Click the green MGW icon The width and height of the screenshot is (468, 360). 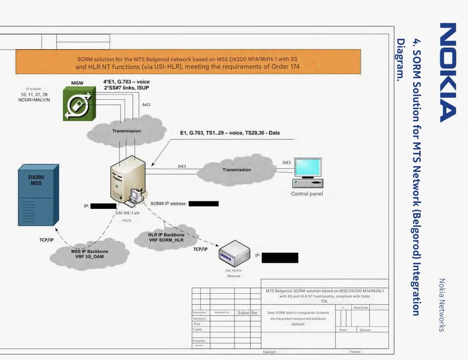pos(80,104)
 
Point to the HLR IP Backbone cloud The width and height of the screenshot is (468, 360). pos(167,238)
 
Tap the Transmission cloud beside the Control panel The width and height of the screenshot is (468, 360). pos(236,170)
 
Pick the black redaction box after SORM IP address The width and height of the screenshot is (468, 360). pos(203,203)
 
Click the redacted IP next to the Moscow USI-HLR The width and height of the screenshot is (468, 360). pos(280,258)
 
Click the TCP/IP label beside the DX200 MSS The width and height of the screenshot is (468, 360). pos(46,240)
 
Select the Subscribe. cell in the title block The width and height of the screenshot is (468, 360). pos(248,313)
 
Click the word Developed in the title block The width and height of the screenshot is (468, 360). pos(199,318)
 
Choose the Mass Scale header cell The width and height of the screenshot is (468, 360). pos(361,308)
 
